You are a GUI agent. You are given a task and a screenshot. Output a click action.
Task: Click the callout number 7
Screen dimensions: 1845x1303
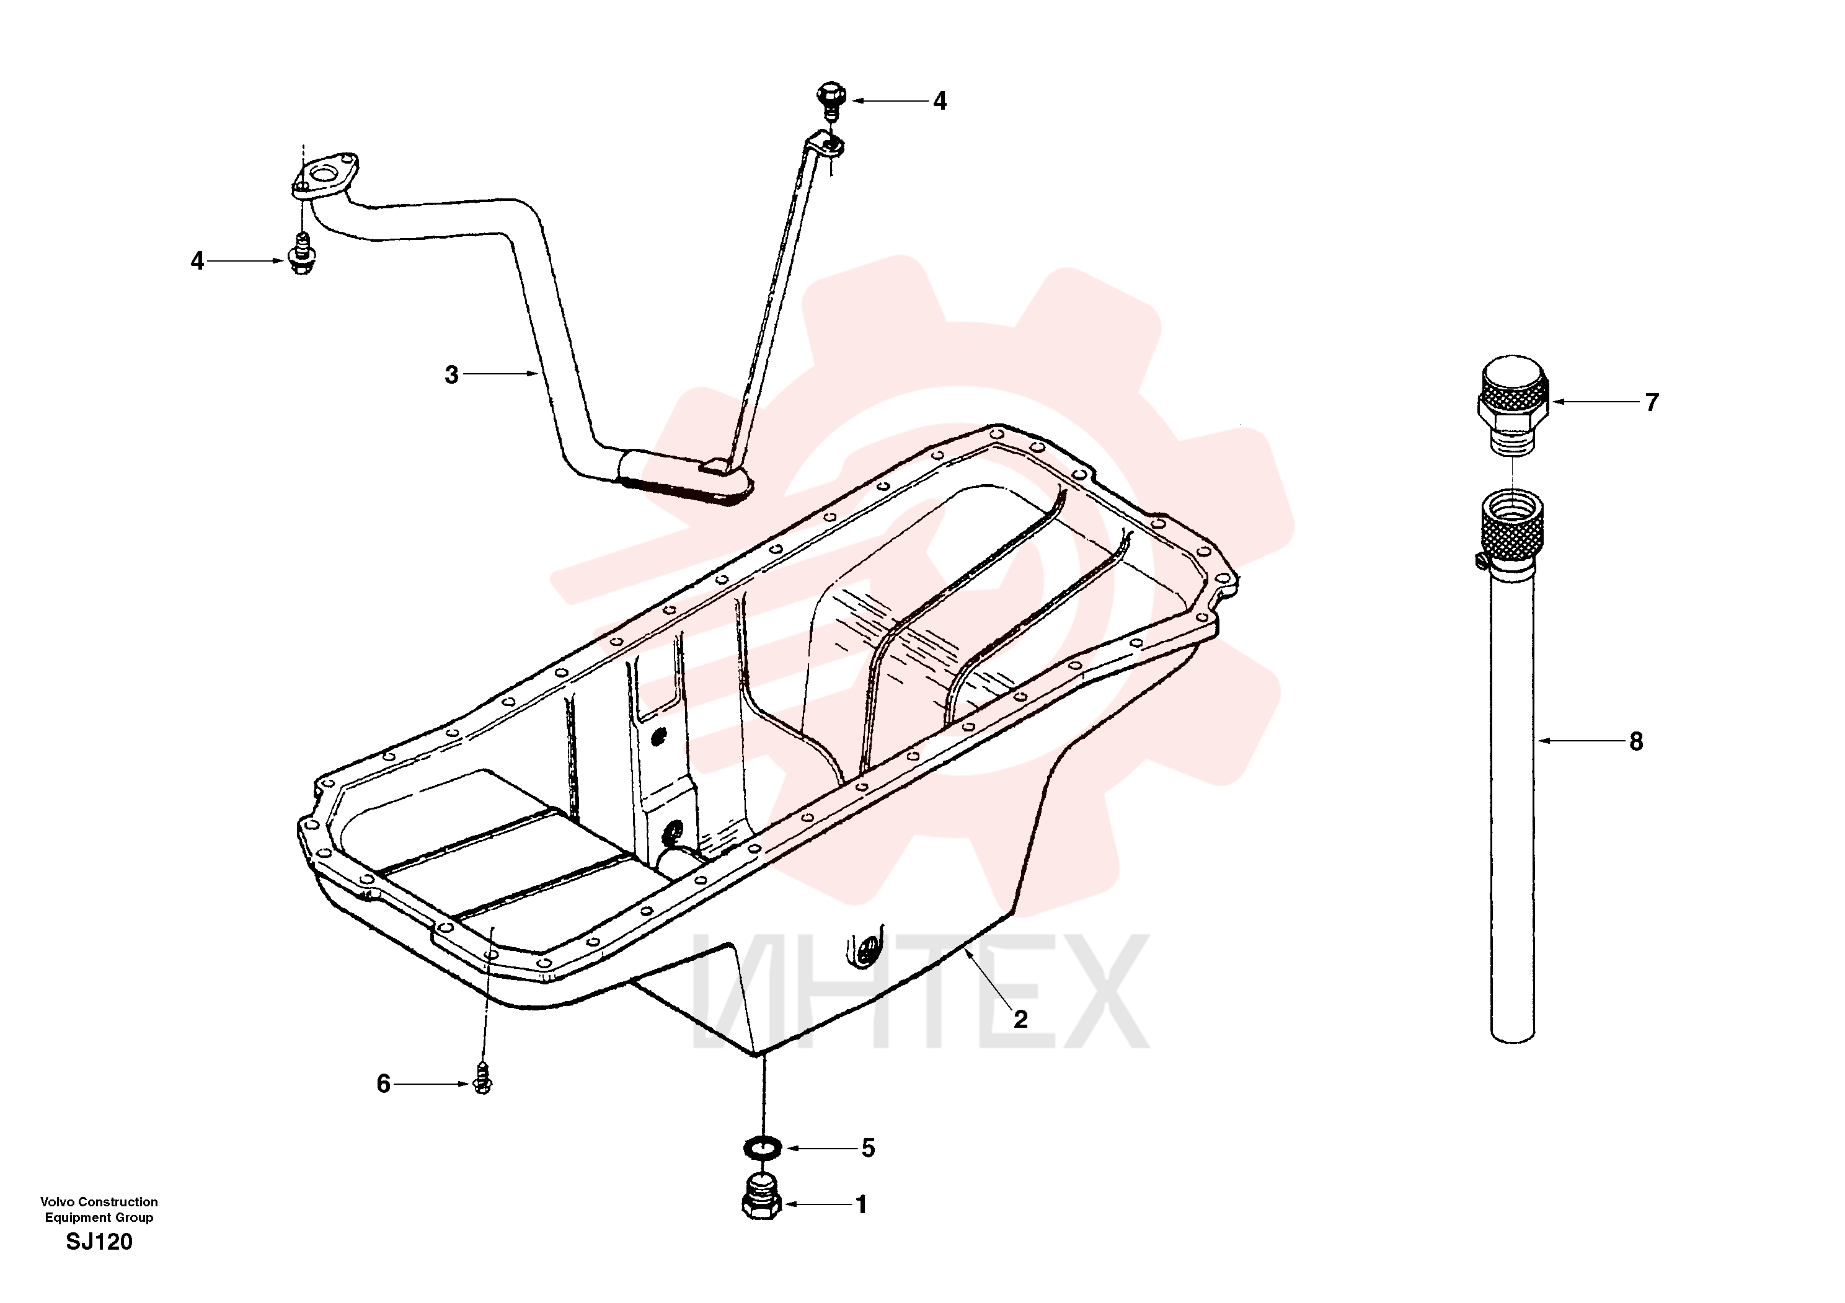click(1652, 402)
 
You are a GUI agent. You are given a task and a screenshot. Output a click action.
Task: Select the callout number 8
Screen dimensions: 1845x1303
click(1636, 741)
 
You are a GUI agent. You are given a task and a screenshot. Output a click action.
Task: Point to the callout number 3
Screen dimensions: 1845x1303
click(451, 374)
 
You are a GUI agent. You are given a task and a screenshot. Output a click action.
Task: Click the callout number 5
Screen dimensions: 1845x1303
click(868, 1148)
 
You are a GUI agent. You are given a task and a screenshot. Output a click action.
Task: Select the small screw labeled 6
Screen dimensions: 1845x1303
click(482, 1078)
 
